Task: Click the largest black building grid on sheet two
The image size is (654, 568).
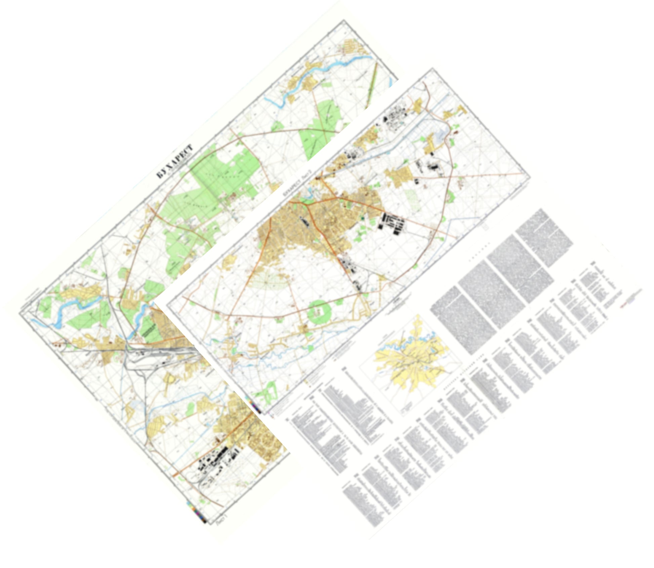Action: [392, 223]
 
